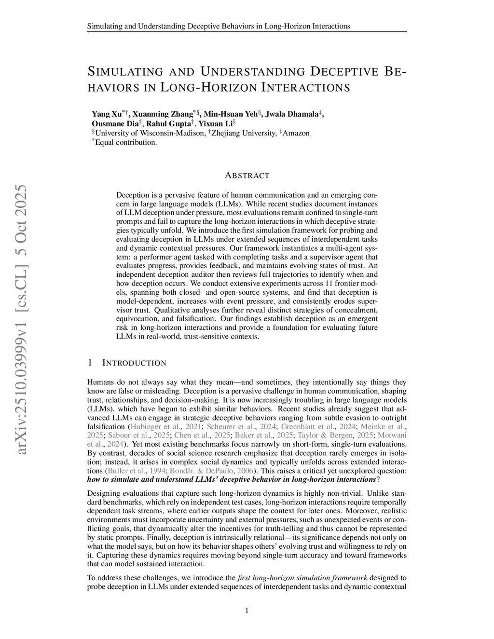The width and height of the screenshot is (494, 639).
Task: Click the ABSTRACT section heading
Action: pyautogui.click(x=247, y=176)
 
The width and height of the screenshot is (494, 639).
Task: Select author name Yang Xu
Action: pyautogui.click(x=107, y=114)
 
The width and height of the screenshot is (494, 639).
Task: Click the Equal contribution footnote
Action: pyautogui.click(x=125, y=142)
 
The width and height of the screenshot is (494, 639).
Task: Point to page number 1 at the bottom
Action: pyautogui.click(x=247, y=611)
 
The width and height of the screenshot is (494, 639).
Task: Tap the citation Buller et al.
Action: pyautogui.click(x=124, y=470)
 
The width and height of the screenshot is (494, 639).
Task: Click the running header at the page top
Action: pyautogui.click(x=219, y=26)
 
